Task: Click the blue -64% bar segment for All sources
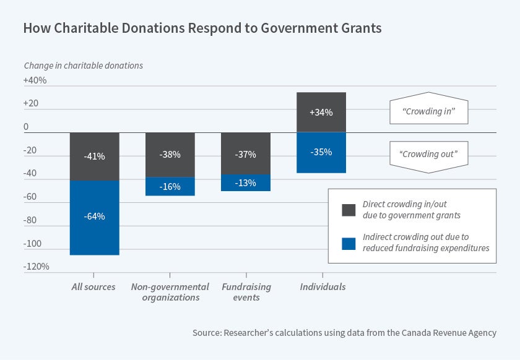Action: click(94, 217)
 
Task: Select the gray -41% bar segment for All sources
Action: click(94, 156)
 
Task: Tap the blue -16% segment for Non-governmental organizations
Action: click(170, 186)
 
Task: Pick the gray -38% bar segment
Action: click(170, 155)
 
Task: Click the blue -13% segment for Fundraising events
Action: click(246, 182)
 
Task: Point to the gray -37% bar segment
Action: click(246, 153)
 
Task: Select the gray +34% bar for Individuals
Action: click(321, 113)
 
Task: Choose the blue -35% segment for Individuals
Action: click(321, 152)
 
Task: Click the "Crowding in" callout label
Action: click(428, 113)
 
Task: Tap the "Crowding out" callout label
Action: click(428, 153)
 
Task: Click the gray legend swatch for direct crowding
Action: click(349, 210)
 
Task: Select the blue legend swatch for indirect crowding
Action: click(349, 242)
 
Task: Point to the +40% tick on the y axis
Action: click(35, 81)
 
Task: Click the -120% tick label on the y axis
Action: click(37, 267)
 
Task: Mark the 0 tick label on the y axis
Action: click(26, 127)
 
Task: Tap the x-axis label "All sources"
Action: click(94, 287)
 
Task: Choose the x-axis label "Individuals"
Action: click(323, 287)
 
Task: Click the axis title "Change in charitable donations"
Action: click(83, 65)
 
